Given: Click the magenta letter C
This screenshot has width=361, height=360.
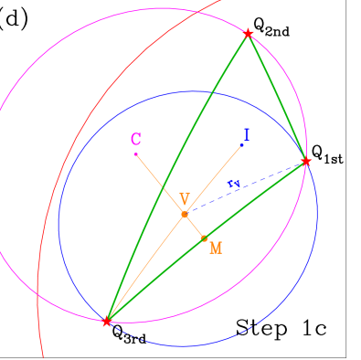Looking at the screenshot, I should [135, 140].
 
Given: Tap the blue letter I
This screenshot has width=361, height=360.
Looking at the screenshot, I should [246, 135].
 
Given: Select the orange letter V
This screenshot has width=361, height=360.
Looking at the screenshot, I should [185, 198].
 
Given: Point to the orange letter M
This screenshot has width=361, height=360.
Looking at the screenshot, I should [216, 247].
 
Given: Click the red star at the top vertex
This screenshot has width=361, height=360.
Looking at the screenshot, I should [248, 34].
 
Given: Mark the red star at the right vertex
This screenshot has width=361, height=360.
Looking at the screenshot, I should [306, 162].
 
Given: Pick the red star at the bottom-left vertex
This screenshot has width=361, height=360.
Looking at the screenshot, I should [107, 322].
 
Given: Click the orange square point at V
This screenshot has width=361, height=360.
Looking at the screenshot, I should [185, 214].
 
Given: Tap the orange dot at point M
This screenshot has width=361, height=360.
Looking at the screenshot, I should [204, 238].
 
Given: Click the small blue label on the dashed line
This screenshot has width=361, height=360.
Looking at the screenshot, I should [234, 185].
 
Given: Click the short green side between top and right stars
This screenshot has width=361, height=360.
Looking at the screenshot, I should [277, 98].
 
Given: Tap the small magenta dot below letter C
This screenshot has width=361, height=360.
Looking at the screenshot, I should [135, 154].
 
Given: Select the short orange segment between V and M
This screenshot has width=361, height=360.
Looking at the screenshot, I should [194, 226].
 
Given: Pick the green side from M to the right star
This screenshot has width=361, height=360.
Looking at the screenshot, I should [256, 199].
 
